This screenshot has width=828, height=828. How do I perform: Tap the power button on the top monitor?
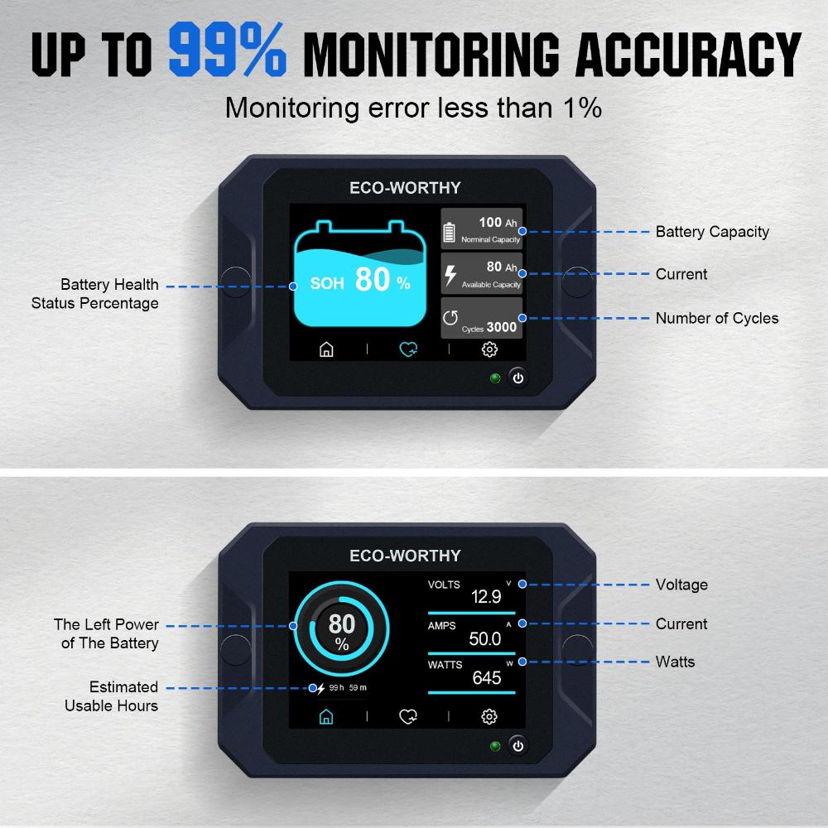tap(517, 378)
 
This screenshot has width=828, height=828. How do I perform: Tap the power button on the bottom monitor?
tap(517, 745)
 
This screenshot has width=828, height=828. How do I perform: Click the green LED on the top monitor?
tap(495, 379)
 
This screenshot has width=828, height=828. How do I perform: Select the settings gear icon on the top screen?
tap(489, 349)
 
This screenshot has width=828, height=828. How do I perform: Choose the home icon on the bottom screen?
tap(326, 716)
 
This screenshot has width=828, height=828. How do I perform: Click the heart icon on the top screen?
tap(407, 349)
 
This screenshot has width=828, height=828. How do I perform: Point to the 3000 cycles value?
tap(500, 327)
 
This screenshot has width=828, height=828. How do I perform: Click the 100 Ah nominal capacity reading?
tap(490, 222)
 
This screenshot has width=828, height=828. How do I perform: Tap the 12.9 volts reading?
tap(486, 597)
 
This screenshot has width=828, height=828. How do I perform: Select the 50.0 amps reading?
tap(485, 638)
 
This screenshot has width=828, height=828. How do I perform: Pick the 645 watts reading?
tap(487, 678)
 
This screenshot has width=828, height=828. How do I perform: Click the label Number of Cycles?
tap(717, 318)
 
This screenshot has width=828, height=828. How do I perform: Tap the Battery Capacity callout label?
tap(712, 232)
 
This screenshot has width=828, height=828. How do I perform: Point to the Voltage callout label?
tap(681, 585)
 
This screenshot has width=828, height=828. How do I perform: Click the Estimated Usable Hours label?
tap(112, 696)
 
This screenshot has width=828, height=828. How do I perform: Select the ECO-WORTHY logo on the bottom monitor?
tap(405, 556)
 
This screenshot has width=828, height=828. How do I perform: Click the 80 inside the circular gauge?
tap(341, 623)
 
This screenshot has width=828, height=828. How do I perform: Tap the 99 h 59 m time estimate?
tap(348, 687)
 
